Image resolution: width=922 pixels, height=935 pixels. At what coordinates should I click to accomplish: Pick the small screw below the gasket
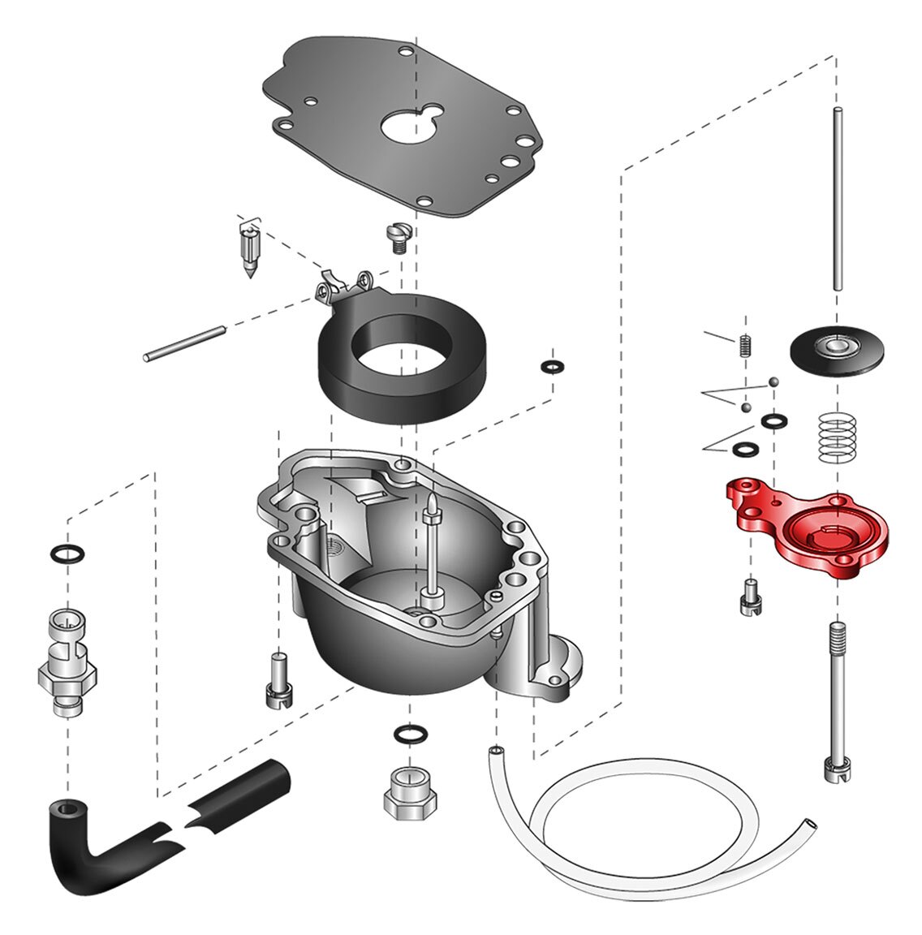tap(398, 238)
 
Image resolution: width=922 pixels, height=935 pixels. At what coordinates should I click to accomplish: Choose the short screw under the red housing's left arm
tap(749, 598)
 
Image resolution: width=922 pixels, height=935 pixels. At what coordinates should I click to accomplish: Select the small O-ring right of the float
tap(552, 367)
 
